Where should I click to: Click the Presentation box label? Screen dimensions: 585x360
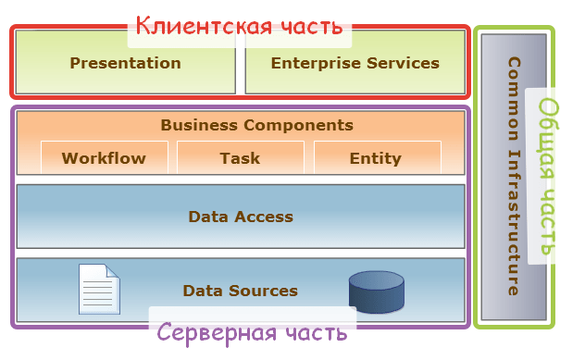point(125,63)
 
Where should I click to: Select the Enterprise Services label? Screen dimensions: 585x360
point(355,63)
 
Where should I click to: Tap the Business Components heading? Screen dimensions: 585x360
point(256,125)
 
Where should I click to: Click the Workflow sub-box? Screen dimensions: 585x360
point(105,157)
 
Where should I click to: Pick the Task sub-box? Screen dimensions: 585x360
point(241,157)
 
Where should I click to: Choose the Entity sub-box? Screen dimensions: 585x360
point(378,157)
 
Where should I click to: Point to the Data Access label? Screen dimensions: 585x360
point(241,217)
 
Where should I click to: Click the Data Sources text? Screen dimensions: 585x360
point(241,291)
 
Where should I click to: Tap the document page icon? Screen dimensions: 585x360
point(99,289)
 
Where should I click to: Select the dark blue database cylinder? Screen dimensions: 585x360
point(377,292)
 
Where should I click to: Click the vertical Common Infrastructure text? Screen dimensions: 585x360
point(514,176)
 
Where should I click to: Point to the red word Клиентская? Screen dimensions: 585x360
point(204,26)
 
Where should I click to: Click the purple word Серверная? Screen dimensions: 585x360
point(217,333)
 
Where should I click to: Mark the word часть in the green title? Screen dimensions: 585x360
point(547,222)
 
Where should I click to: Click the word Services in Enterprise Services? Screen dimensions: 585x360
point(403,63)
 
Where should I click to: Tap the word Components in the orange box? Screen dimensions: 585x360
point(298,125)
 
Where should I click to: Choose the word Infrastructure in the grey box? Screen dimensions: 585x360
point(514,222)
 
